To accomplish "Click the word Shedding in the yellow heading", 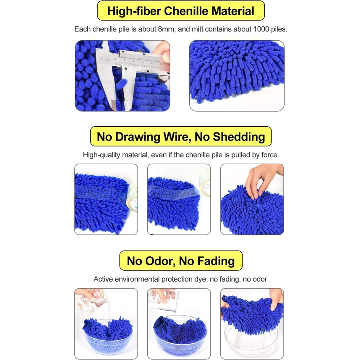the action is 239,137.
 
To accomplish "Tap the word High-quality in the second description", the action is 102,155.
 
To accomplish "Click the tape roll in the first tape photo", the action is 133,197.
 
